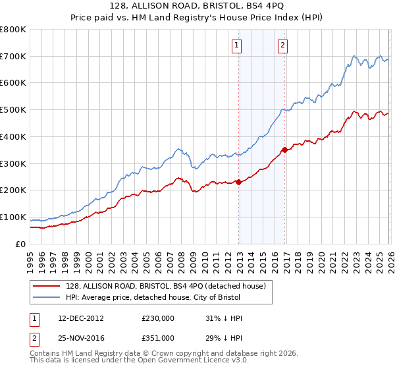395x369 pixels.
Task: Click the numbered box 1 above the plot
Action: tap(236, 45)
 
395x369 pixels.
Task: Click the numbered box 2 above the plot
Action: tap(282, 45)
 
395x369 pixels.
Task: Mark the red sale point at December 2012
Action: tap(238, 183)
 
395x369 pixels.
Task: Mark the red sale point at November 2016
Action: tap(284, 150)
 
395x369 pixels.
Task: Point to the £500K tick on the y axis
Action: tap(13, 110)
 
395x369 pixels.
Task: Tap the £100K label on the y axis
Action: tap(13, 217)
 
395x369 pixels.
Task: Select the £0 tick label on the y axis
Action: tap(20, 244)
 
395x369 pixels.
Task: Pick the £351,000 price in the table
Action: tap(158, 337)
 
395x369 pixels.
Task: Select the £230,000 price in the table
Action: tap(158, 318)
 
